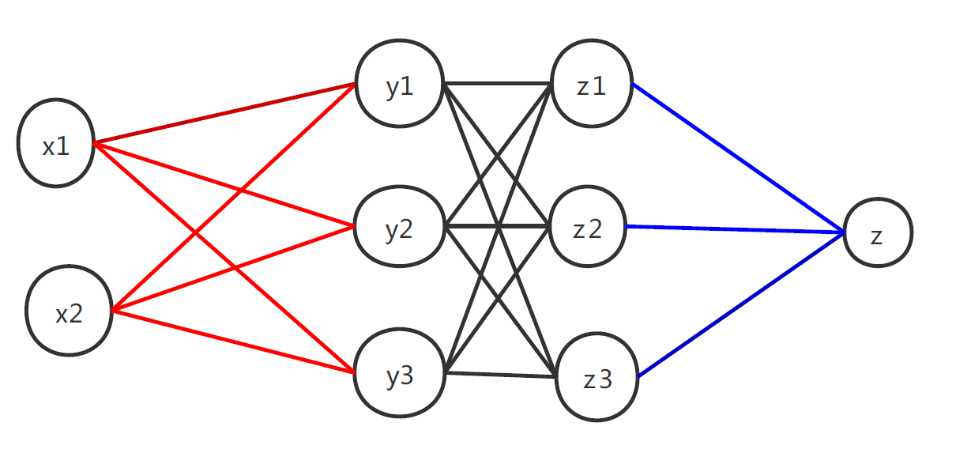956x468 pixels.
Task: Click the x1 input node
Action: click(56, 143)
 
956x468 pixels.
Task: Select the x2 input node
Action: click(69, 310)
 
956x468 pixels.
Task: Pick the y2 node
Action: click(399, 228)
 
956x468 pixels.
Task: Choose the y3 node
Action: click(399, 375)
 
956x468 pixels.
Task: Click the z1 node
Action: click(591, 84)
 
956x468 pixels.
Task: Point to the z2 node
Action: click(587, 228)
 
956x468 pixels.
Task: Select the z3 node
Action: click(597, 378)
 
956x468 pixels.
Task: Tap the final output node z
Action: click(878, 232)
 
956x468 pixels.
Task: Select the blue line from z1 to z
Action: click(739, 158)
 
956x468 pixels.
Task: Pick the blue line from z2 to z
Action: click(735, 229)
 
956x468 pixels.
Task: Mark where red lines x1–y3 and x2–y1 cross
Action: click(194, 233)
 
